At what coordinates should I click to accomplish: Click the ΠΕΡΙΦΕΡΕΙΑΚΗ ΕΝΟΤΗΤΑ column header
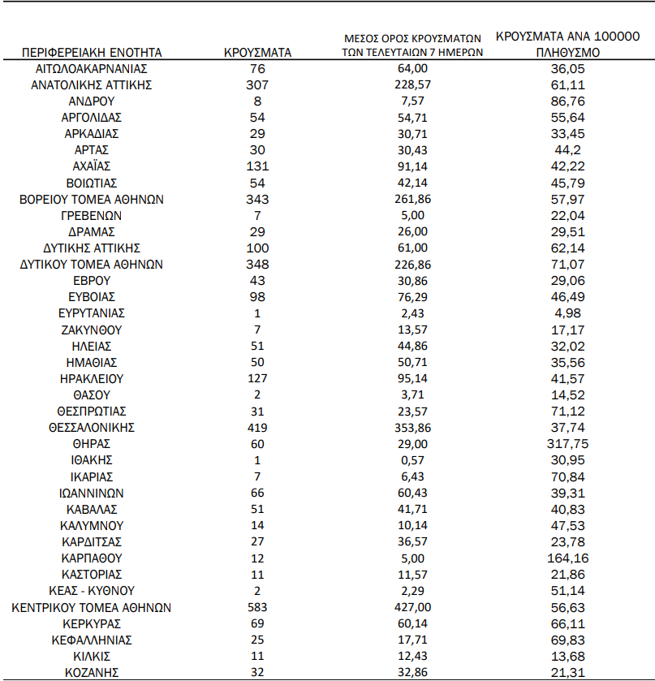coord(92,53)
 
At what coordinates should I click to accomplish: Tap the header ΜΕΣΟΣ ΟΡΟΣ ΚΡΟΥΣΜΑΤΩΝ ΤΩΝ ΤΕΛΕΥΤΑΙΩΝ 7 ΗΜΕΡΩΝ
coord(413,45)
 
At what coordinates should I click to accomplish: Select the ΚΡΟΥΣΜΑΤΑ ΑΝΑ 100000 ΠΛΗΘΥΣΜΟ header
coord(568,44)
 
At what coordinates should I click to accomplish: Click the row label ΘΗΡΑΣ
coord(92,444)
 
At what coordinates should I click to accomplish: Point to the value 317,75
coord(568,444)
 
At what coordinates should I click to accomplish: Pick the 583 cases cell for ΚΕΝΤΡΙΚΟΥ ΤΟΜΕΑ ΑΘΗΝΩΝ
coord(257,607)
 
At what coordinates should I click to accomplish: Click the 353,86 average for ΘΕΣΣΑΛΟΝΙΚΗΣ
coord(413,428)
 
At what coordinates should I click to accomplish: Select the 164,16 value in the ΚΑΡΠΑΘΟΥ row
coord(568,558)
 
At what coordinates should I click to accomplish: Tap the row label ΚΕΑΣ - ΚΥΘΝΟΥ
coord(92,591)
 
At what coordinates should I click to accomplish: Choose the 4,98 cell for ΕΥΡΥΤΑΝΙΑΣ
coord(568,313)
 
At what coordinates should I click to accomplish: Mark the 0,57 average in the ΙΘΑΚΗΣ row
coord(413,460)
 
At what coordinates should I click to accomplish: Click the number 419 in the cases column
coord(257,428)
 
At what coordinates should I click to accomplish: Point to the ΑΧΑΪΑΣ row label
coord(92,166)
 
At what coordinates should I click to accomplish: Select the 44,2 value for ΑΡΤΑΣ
coord(568,150)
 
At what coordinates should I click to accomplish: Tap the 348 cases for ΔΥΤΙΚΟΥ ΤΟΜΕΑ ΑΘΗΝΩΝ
coord(257,265)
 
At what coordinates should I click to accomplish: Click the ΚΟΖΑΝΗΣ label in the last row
coord(92,672)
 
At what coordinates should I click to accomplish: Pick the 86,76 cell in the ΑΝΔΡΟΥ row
coord(568,101)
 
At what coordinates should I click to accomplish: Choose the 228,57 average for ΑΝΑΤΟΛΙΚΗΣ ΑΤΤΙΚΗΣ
coord(413,85)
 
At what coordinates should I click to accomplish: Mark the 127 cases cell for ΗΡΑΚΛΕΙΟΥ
coord(257,378)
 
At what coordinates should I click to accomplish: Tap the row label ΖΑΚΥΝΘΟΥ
coord(92,330)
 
